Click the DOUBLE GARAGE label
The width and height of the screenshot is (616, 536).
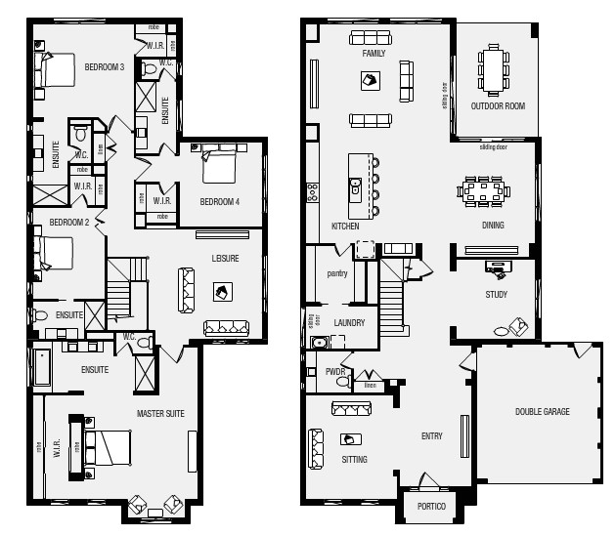[542, 412]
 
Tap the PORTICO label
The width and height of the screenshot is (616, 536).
[430, 507]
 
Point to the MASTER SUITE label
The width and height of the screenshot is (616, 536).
[160, 414]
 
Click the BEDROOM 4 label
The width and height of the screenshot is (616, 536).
[220, 202]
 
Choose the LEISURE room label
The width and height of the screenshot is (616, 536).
[225, 259]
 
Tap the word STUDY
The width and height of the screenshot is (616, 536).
[496, 294]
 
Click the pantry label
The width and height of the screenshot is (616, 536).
[337, 274]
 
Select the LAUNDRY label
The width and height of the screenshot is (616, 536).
[349, 322]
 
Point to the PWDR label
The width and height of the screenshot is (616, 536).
[333, 372]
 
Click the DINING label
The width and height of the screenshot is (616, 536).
[494, 226]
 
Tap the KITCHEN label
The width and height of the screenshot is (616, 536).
[345, 226]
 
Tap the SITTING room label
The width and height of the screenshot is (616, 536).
[355, 458]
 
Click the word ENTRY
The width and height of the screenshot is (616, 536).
[432, 436]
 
